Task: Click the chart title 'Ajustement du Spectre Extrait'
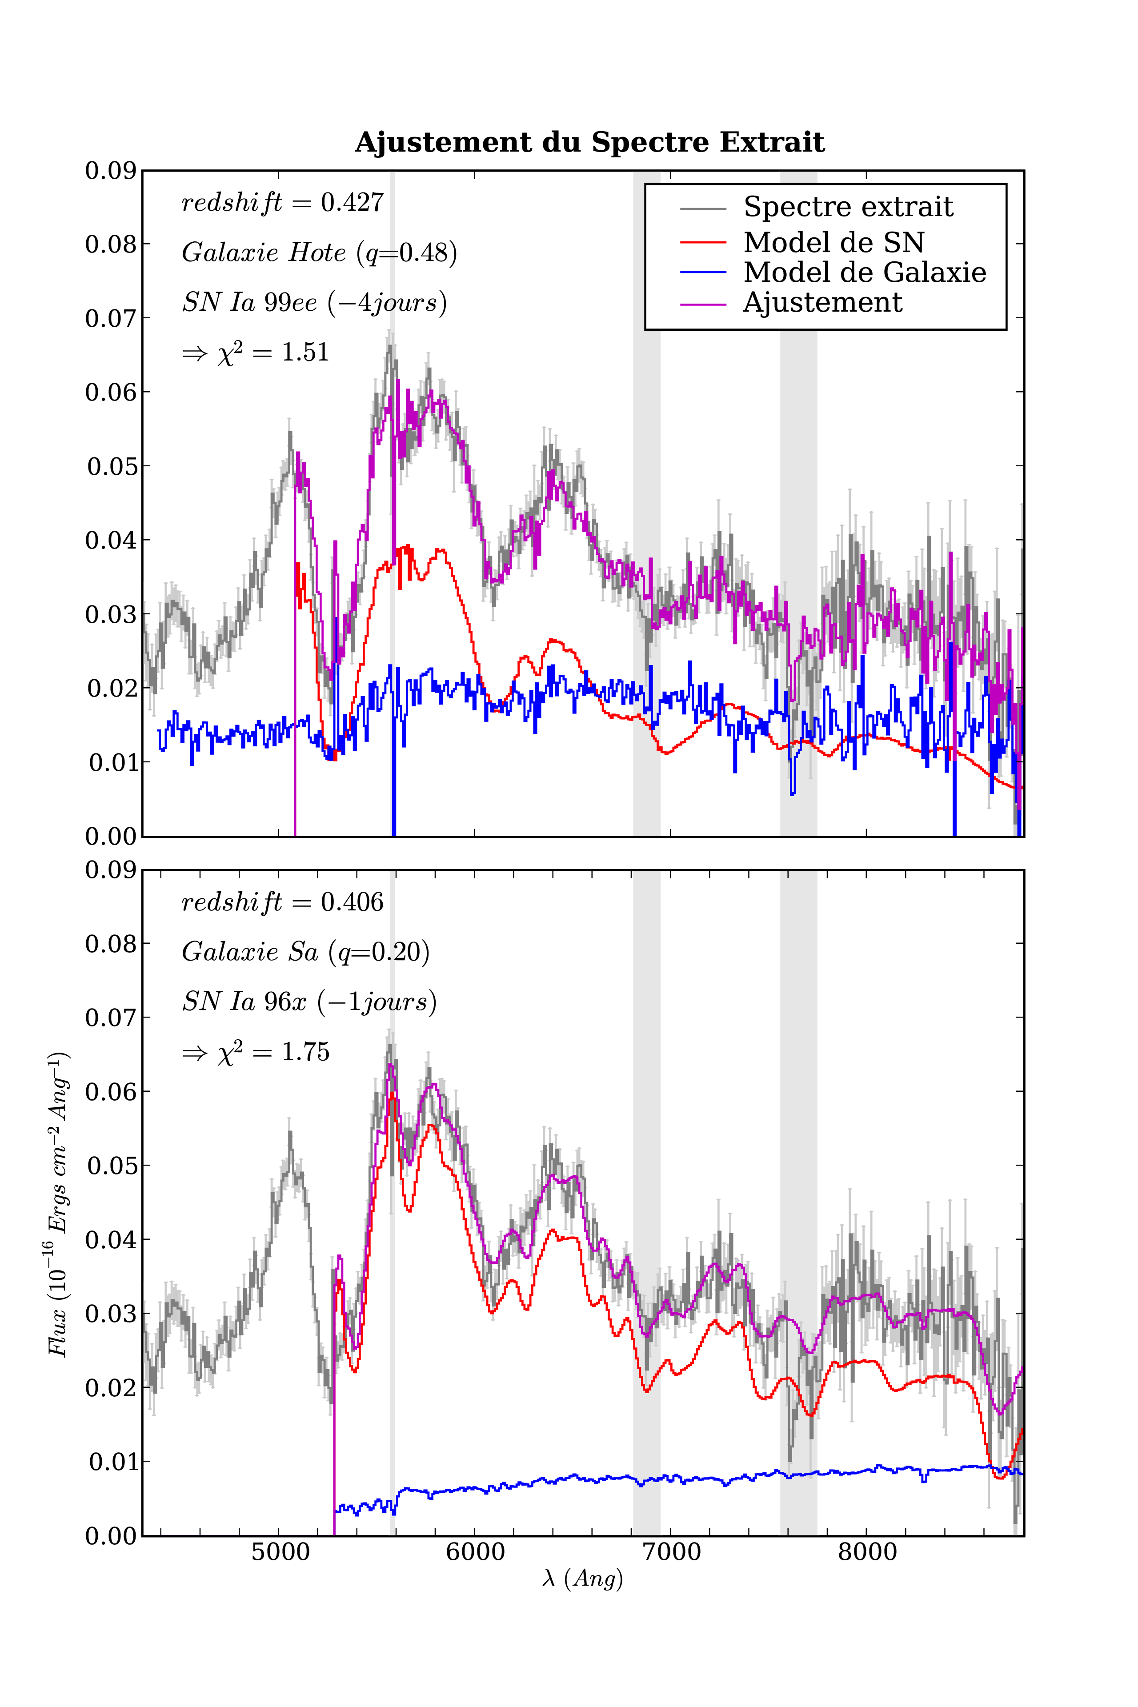[589, 142]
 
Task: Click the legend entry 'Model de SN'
[833, 242]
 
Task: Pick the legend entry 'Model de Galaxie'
[864, 272]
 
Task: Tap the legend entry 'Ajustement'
[822, 302]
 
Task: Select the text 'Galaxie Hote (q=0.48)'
[319, 252]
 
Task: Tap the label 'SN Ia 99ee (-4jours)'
[314, 302]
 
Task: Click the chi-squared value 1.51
[305, 353]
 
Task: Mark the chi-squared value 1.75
[305, 1052]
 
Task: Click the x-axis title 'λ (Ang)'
[582, 1579]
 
